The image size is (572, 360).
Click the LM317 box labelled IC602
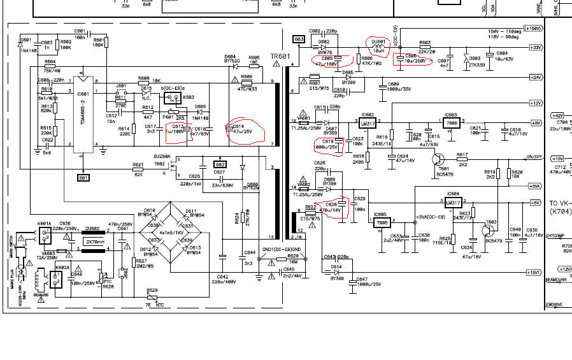click(368, 123)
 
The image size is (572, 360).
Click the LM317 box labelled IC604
click(454, 202)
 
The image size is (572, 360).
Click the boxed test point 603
click(299, 40)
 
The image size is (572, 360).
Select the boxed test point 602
click(220, 164)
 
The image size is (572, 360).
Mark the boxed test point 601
click(83, 178)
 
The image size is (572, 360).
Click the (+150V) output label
click(534, 29)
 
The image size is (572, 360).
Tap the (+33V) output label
click(535, 47)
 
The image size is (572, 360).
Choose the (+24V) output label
click(535, 77)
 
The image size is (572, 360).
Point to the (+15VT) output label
click(534, 272)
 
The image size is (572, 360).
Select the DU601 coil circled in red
click(380, 45)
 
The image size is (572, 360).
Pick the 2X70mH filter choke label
click(96, 242)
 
